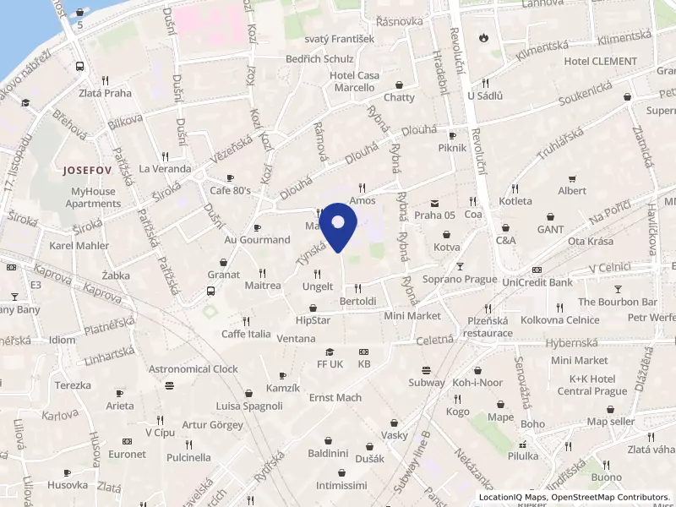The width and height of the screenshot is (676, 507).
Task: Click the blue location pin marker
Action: point(339,226)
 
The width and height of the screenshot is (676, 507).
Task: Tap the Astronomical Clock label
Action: point(194,369)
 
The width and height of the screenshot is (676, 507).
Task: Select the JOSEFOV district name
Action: point(86,169)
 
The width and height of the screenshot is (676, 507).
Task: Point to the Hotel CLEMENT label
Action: point(601,61)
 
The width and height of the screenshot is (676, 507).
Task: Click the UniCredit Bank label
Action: point(537,281)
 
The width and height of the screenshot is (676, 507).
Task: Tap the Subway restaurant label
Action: point(427,383)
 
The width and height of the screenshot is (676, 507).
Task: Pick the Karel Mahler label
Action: point(80,246)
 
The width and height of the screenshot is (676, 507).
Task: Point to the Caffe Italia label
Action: point(246,334)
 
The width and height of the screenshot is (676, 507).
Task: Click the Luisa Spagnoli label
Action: point(249,406)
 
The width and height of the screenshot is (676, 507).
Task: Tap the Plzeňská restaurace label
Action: point(488,327)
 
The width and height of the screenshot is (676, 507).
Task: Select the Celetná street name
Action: point(436,340)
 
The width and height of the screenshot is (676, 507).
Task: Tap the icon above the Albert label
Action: point(572,178)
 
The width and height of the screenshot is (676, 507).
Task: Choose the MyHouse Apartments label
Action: point(94,198)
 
